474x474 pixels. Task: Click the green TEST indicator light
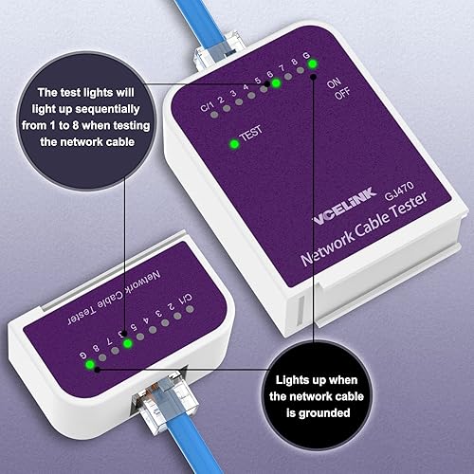234,144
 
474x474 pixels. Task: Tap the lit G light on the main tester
313,64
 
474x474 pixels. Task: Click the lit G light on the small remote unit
90,365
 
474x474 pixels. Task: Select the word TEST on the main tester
251,134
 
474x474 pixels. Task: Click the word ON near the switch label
334,82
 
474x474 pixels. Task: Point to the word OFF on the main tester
342,93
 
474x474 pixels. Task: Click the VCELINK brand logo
345,207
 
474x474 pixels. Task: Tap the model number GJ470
399,191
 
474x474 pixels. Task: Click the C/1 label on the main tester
207,106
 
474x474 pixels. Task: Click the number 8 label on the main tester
294,62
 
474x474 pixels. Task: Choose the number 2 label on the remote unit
171,305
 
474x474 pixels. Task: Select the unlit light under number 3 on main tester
239,101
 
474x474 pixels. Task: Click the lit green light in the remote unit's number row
127,343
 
